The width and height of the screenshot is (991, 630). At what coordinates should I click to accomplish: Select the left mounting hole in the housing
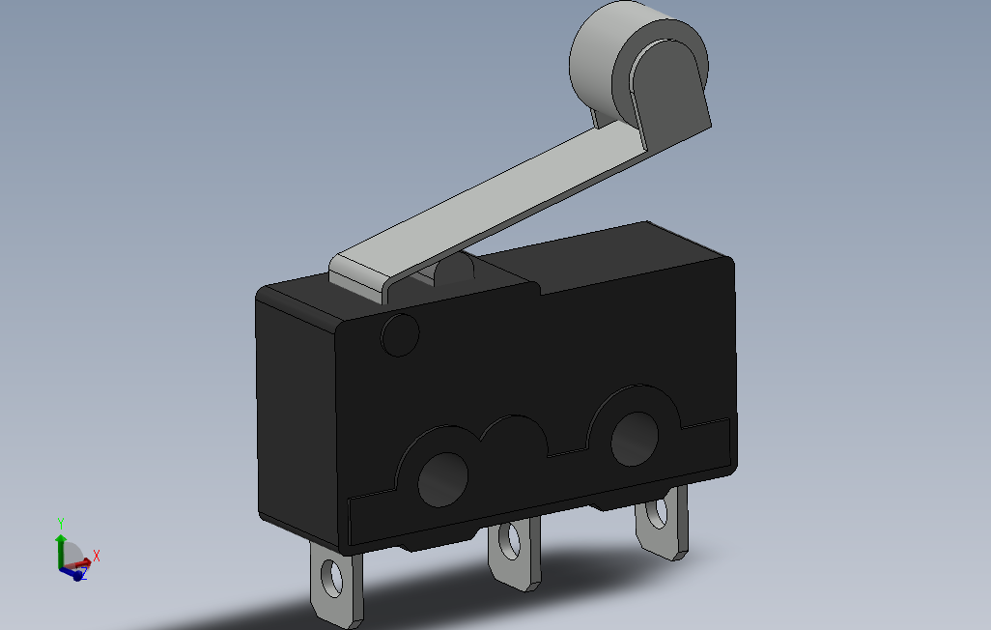coord(443,479)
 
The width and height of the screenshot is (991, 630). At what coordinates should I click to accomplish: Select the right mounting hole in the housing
coord(635,439)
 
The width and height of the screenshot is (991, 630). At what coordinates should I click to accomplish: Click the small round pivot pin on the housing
coord(400,334)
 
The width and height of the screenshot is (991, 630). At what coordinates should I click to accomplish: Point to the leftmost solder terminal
coord(336,585)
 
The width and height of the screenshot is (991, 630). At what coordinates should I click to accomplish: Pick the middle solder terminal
coord(514,552)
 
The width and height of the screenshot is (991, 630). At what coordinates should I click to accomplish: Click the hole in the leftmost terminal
coord(332,578)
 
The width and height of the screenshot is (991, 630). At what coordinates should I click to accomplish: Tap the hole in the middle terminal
coord(510,541)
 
